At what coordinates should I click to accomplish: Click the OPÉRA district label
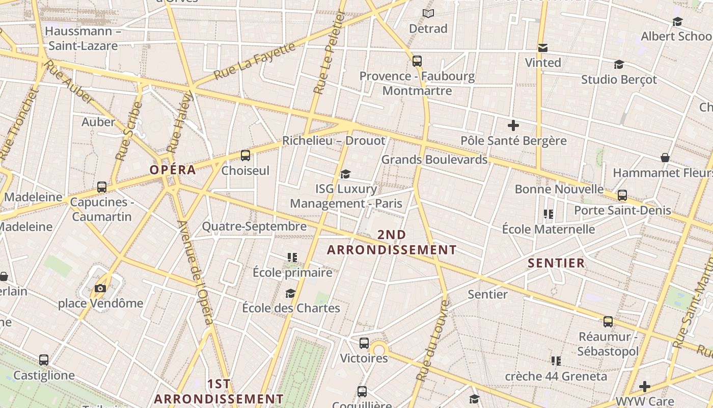point(173,170)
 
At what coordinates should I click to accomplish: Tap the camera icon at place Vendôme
point(100,289)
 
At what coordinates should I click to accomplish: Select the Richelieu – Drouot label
point(334,140)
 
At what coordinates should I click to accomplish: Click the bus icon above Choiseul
point(245,156)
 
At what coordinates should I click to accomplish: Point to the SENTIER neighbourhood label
point(556,263)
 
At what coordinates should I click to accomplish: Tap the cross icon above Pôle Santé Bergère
point(513,125)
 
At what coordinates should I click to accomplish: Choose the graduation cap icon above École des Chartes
point(290,293)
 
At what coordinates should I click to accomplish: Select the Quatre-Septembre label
point(254,226)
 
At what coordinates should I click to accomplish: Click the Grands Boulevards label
point(434,160)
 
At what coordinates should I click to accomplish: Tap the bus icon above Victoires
point(364,343)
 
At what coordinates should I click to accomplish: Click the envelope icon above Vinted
point(543,48)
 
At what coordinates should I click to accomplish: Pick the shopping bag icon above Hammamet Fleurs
point(665,158)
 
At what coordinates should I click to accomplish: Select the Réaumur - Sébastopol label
point(608,344)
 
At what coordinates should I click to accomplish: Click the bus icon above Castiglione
point(44,360)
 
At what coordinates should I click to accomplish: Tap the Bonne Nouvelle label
point(559,189)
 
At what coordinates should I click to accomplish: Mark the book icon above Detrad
point(428,14)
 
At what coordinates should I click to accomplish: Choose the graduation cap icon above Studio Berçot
point(619,65)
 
